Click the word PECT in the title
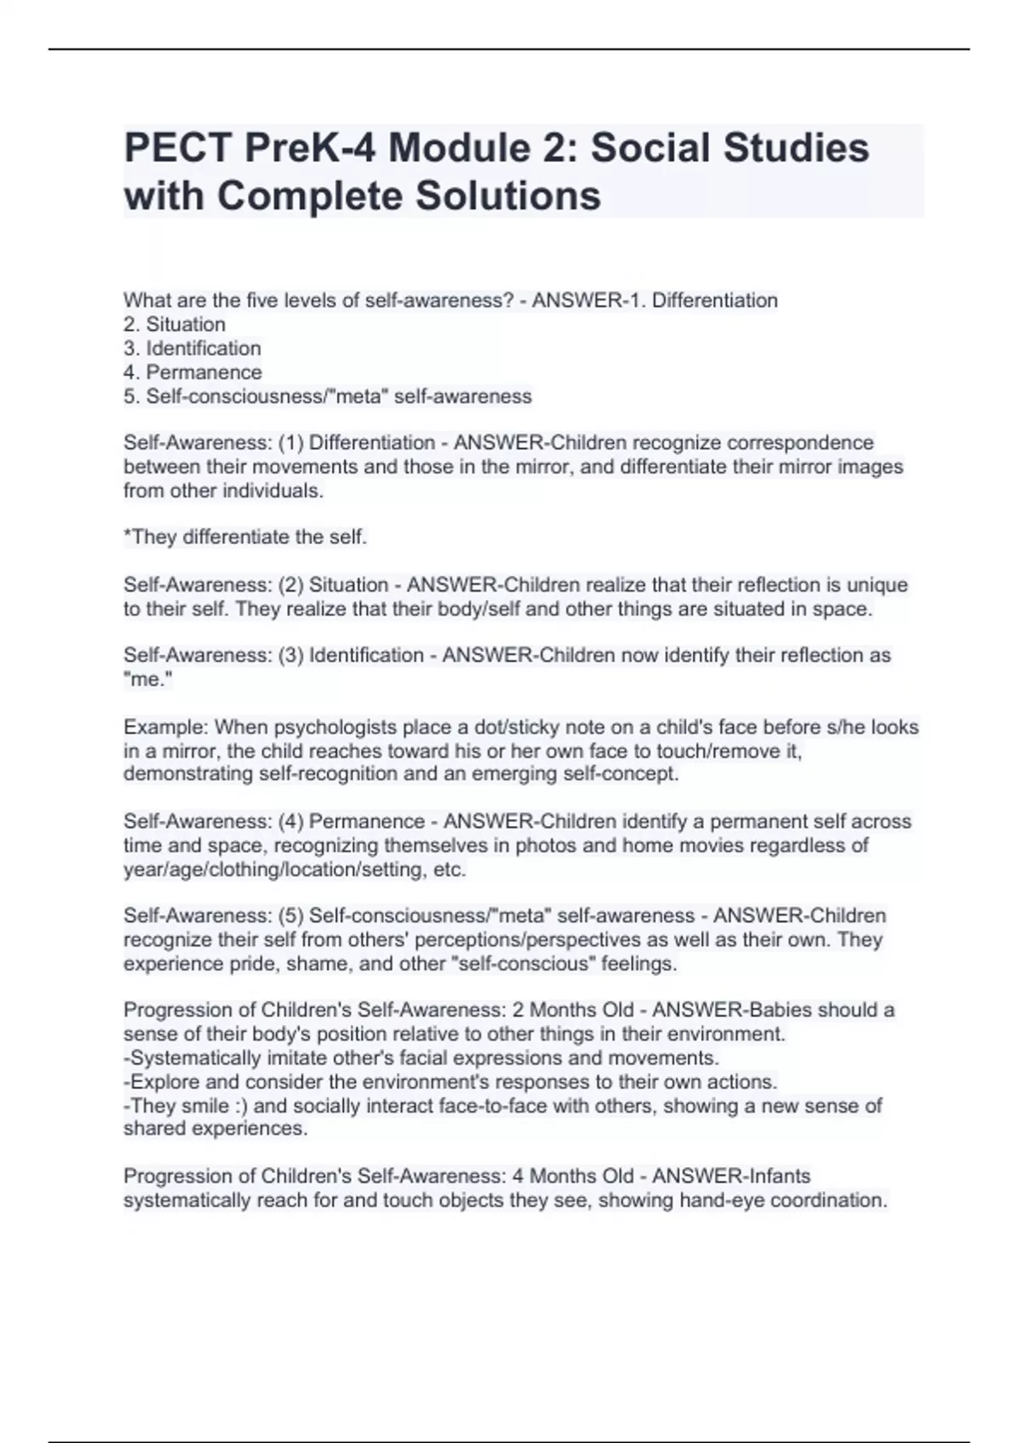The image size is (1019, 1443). click(177, 149)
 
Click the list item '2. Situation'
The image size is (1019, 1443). click(174, 324)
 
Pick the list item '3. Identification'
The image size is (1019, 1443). click(192, 348)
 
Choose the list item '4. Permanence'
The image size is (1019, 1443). click(193, 372)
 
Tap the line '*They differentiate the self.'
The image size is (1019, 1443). click(245, 537)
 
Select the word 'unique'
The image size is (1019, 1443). click(876, 585)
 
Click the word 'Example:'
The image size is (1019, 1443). click(166, 727)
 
